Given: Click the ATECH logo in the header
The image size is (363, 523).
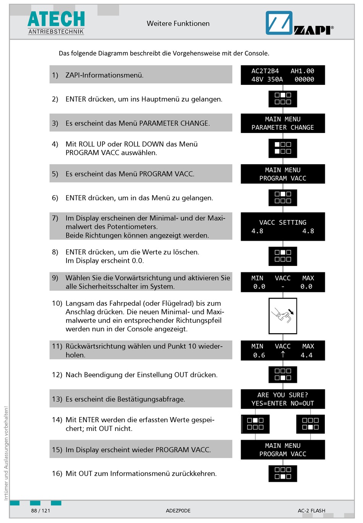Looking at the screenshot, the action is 56,23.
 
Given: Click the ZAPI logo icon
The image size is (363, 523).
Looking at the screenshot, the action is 279,23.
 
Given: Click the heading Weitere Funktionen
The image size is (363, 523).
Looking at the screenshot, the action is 178,23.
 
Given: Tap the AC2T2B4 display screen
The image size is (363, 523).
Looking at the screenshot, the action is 283,75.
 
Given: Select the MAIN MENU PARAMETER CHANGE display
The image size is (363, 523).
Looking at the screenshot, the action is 283,123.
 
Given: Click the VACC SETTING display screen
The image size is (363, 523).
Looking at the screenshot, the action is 283,227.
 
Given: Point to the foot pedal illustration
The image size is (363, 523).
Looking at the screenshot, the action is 283,316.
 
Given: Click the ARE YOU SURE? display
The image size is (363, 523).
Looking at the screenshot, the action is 283,399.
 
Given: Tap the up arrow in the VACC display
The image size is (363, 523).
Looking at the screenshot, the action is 283,355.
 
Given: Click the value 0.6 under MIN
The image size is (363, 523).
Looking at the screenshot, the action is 259,355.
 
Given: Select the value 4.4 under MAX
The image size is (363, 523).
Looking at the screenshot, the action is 306,355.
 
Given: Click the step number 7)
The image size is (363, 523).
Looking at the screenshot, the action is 55,218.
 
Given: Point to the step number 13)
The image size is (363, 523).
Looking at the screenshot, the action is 57,399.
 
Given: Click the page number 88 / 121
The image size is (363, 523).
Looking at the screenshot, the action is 41,511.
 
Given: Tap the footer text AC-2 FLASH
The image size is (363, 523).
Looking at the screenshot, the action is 311,511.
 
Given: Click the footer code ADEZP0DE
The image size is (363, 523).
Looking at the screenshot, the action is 178,511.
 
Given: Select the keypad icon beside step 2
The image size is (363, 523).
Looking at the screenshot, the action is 283,99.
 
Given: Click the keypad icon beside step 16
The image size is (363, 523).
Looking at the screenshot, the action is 283,473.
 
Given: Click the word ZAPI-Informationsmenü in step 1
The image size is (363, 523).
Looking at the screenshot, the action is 104,75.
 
